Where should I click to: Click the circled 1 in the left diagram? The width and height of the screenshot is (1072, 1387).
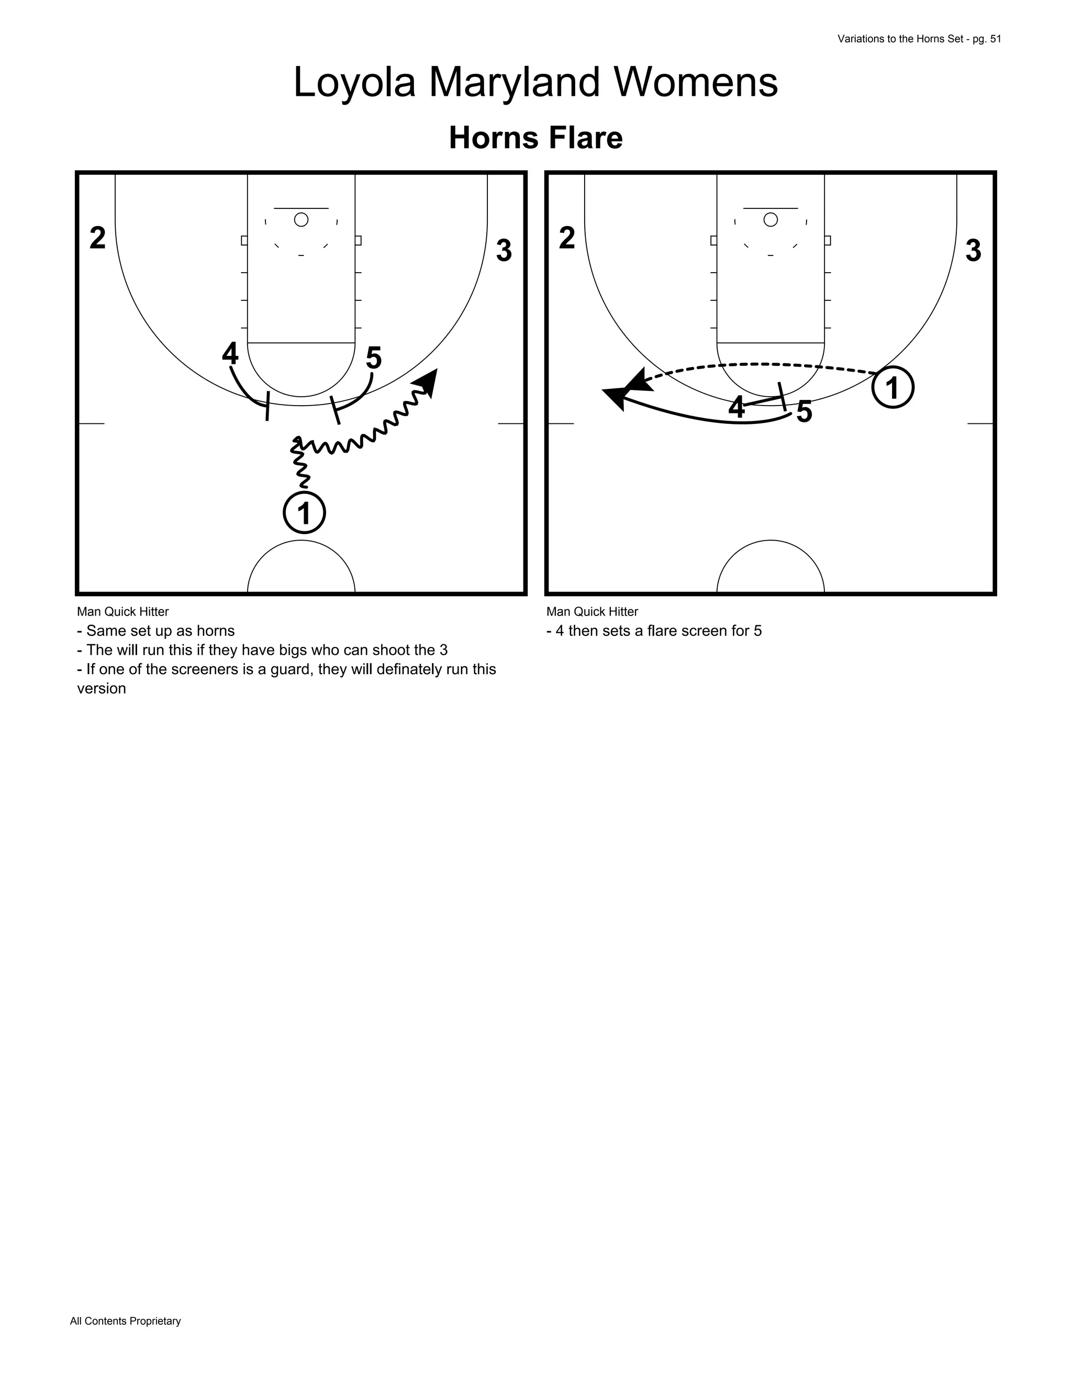(x=304, y=512)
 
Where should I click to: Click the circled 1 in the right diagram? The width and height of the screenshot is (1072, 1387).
(x=892, y=387)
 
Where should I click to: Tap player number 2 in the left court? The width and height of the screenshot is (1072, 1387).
(x=98, y=238)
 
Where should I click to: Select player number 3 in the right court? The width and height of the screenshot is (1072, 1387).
(x=973, y=251)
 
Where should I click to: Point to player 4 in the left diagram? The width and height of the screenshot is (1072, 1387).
(x=230, y=353)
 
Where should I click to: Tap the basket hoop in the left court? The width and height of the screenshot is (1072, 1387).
(x=301, y=220)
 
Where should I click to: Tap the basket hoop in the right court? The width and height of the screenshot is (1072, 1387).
(x=770, y=220)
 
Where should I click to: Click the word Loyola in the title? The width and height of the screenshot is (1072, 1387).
(x=354, y=83)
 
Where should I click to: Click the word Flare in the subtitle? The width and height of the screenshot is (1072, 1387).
(x=587, y=138)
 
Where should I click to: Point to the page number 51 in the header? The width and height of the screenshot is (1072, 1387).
(x=995, y=39)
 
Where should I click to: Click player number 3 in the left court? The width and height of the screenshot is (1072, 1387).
(x=504, y=251)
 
